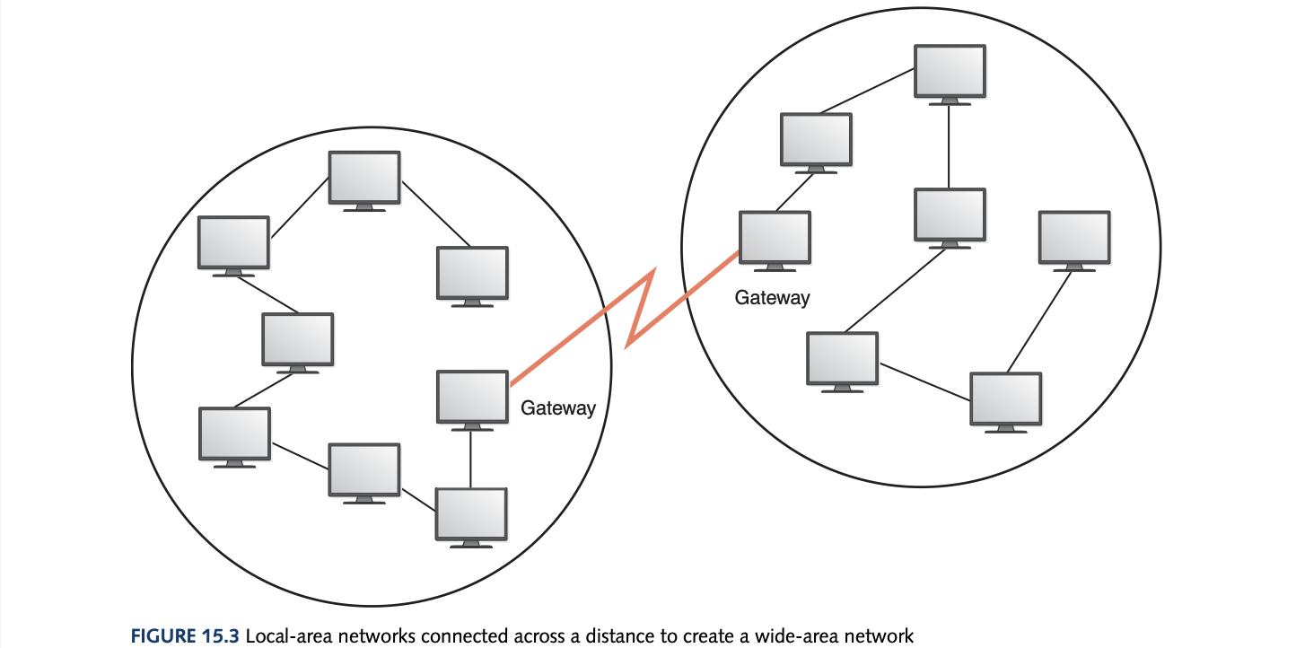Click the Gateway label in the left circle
[x=558, y=408]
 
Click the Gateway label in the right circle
[x=772, y=298]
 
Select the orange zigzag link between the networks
[x=639, y=311]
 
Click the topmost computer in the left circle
[x=363, y=178]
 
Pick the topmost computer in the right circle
[x=950, y=71]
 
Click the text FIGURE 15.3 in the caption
[x=185, y=637]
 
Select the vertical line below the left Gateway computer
[x=471, y=459]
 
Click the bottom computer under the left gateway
[x=471, y=514]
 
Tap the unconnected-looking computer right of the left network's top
[x=472, y=274]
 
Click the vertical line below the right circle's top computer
[x=950, y=146]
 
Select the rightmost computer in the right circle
[x=1073, y=237]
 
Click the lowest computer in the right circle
[x=1006, y=398]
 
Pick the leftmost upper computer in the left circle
[x=233, y=242]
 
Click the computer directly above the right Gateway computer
[x=816, y=139]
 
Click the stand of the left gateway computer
[x=471, y=427]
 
